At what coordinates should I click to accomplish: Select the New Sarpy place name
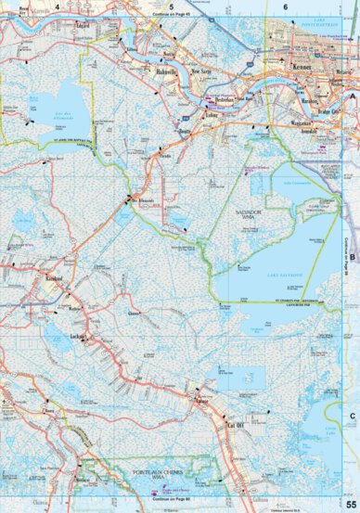click(201, 71)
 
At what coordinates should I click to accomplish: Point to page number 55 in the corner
click(350, 504)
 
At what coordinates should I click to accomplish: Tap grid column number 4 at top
click(56, 7)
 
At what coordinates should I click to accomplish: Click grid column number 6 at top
click(285, 7)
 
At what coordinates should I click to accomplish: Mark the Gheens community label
click(135, 313)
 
